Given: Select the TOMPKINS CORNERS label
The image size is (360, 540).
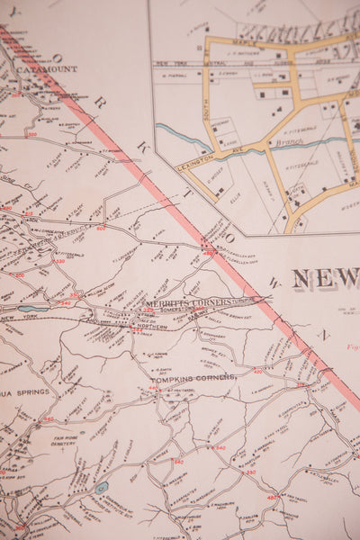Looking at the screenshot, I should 193,377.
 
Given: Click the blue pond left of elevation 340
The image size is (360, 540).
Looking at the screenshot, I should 33,308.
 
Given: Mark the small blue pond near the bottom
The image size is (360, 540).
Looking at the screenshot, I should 102,487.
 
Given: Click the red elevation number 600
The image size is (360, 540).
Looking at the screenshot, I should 101,227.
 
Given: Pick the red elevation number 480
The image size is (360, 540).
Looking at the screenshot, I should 272,497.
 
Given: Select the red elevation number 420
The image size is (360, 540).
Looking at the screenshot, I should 257,371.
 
